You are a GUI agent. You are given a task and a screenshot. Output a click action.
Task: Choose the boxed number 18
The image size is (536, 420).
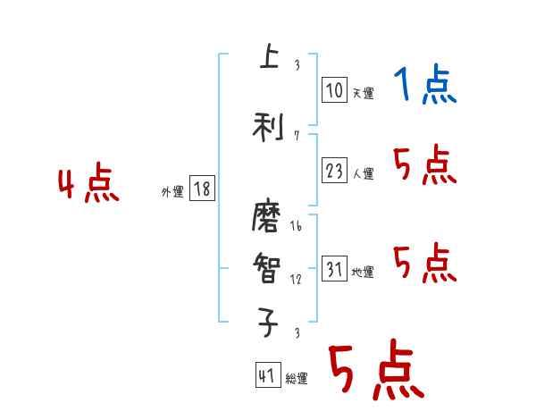point(202,189)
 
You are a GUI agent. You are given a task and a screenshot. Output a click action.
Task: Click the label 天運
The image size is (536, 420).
point(363,93)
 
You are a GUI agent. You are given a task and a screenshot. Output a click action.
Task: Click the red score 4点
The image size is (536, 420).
point(88,185)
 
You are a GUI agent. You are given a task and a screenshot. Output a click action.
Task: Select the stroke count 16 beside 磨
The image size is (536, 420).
point(296,227)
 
